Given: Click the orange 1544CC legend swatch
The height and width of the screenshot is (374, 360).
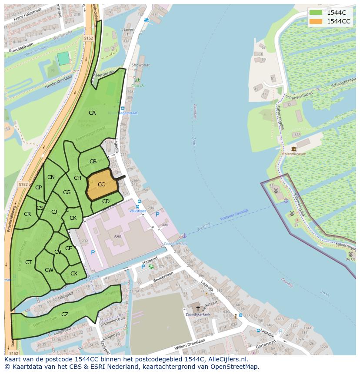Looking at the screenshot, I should click(316, 21).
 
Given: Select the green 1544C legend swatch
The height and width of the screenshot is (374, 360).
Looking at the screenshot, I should click(316, 13).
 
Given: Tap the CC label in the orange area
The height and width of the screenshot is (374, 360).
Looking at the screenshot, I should click(101, 185).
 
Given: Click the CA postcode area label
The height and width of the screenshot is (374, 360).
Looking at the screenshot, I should click(92, 113).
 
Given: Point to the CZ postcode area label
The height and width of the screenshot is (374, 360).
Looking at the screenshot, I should click(65, 314).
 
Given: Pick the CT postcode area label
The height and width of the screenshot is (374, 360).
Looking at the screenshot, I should click(29, 262).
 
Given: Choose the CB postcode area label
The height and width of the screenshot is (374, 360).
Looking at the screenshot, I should click(93, 162).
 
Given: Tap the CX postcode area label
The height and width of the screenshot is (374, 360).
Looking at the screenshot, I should click(74, 274).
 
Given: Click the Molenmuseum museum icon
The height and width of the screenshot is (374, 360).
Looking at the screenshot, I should click(294, 149).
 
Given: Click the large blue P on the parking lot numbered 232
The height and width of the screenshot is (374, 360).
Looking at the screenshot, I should click(93, 252).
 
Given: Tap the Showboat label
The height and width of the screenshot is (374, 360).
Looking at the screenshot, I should click(140, 65).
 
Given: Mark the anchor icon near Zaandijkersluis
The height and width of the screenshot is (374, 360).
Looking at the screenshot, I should click(184, 235).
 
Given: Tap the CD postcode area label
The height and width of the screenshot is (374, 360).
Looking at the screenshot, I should click(106, 202).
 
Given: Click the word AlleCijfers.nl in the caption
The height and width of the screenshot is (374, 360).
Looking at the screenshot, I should click(226, 360).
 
